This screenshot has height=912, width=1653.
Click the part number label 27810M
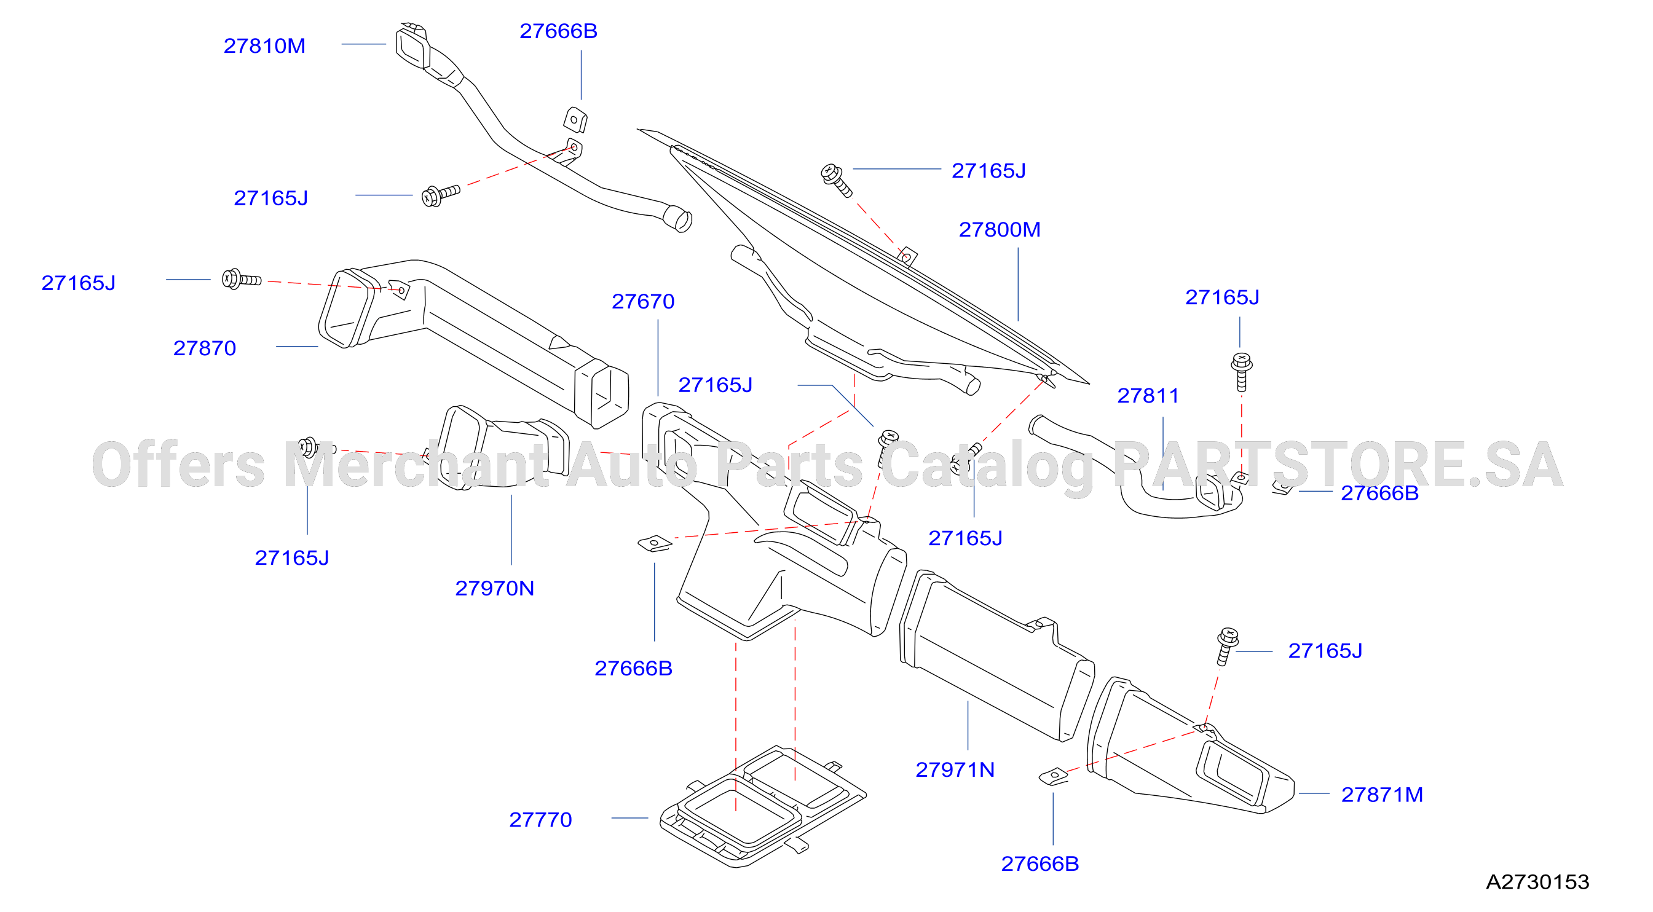coord(264,46)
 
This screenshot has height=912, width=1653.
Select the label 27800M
coord(999,230)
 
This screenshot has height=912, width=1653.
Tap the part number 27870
coord(205,348)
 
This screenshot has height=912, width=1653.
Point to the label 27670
coord(643,301)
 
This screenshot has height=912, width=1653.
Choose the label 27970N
coord(495,588)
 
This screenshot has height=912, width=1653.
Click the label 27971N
coord(955,769)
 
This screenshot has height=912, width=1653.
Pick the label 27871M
coord(1382,795)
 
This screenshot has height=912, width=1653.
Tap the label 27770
coord(540,820)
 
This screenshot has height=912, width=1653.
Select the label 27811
coord(1148,396)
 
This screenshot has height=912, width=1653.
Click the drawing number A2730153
coord(1537,882)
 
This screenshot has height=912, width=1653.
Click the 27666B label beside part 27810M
coord(558,31)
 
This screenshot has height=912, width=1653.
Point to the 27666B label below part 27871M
coord(1040,864)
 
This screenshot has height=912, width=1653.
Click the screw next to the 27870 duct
coord(241,279)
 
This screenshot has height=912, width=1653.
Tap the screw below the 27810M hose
coord(440,195)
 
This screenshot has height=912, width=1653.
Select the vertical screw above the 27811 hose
coord(1242,371)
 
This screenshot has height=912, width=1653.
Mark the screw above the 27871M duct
coord(1226,646)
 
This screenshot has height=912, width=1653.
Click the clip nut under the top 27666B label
coord(575,120)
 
